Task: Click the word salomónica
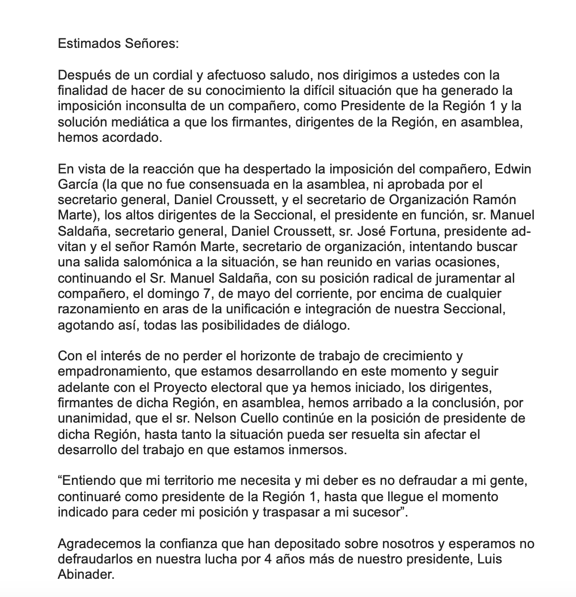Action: tap(136, 263)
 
